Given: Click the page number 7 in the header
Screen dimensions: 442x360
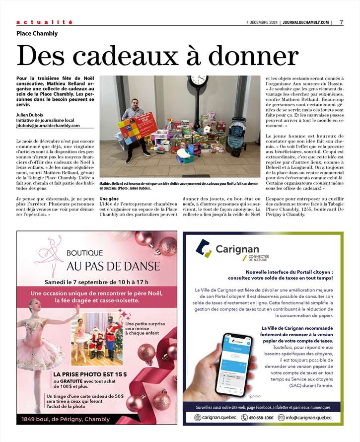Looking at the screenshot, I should click(x=342, y=22).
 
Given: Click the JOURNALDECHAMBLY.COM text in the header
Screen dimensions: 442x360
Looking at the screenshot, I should click(x=305, y=22).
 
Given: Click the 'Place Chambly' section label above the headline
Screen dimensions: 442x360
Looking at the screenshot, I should click(x=37, y=34).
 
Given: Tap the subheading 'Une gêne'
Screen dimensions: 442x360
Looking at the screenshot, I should click(x=110, y=199).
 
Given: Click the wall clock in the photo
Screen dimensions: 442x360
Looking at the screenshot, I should click(x=198, y=80).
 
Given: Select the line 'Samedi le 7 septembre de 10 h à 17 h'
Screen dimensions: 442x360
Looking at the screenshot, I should click(x=96, y=282).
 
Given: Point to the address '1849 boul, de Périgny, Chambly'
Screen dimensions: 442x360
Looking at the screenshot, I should click(x=66, y=419).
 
